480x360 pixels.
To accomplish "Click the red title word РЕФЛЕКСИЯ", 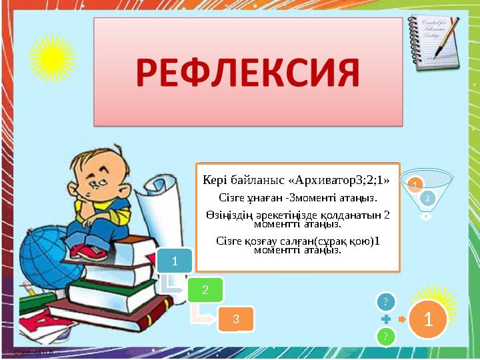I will tap(247, 74).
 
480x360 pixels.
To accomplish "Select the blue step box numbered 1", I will tap(175, 261).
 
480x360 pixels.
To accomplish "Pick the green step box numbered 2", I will tap(205, 289).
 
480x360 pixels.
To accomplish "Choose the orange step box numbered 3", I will tap(236, 319).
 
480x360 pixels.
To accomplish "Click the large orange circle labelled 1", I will tap(428, 319).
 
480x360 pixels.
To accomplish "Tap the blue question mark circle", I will tap(386, 302).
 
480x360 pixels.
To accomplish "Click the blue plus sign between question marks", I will tap(386, 319).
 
